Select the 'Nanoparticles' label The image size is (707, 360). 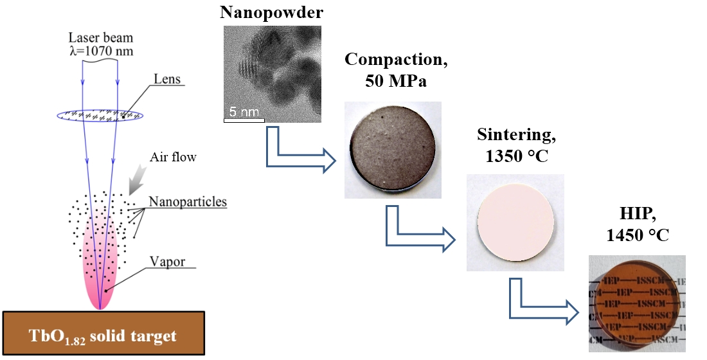pos(188,201)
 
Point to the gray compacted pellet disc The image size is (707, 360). pos(392,150)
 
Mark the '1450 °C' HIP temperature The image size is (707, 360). pos(638,235)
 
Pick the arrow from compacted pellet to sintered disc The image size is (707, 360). pos(418,231)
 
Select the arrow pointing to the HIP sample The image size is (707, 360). pos(543,303)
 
